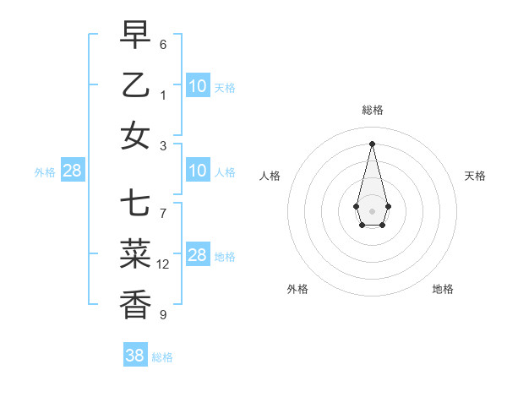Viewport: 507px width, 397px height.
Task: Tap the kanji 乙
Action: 135,84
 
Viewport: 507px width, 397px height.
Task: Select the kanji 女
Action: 135,135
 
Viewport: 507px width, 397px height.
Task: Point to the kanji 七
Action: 135,204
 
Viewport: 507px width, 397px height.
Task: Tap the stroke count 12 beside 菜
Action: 163,264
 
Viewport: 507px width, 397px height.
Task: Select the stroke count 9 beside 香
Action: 163,315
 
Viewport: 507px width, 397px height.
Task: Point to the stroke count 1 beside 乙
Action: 163,95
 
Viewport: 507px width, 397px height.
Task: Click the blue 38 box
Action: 135,356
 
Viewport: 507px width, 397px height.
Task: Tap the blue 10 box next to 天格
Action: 198,86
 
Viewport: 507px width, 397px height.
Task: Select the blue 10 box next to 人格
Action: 198,171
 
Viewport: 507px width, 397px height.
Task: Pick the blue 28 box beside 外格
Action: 73,171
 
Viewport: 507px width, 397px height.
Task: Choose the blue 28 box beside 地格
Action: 198,256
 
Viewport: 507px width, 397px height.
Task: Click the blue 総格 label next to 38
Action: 162,357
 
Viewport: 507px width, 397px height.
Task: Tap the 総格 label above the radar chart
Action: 372,110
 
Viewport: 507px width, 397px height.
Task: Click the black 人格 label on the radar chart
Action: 270,176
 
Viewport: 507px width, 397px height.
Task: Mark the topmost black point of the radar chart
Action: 372,144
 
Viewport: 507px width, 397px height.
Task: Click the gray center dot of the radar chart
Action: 372,210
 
